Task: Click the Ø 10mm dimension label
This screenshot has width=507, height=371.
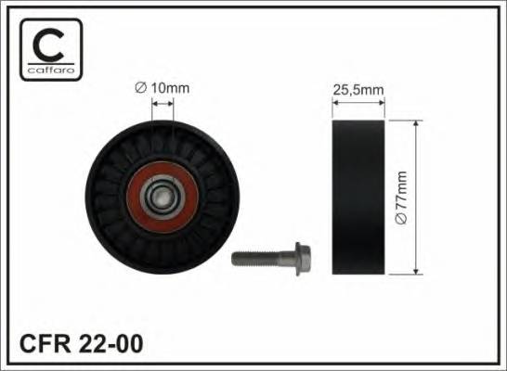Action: pos(162,88)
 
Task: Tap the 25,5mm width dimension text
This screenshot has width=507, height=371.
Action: pos(358,89)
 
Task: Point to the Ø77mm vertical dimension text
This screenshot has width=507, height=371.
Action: pos(402,196)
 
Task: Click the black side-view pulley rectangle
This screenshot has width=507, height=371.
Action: pos(358,196)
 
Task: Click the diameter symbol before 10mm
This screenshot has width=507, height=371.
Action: pos(138,88)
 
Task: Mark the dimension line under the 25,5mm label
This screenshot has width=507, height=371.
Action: pos(358,101)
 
